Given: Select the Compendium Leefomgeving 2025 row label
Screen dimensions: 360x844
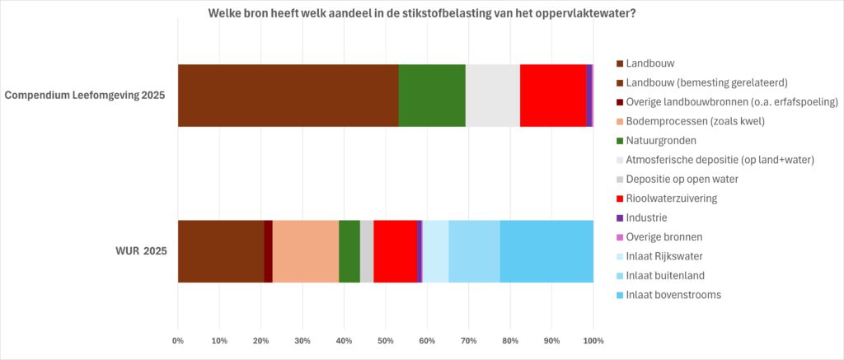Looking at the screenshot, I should (x=85, y=96).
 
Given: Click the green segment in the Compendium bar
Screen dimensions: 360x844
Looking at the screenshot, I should (x=432, y=96).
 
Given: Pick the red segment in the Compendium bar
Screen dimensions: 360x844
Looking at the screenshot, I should (x=552, y=96).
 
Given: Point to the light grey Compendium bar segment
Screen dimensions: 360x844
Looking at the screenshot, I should (x=493, y=96).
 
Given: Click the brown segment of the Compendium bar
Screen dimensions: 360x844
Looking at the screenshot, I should (x=288, y=96).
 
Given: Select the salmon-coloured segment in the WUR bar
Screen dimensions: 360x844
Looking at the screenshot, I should (x=305, y=251).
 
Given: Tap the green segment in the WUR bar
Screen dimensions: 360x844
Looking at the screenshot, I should (x=349, y=251).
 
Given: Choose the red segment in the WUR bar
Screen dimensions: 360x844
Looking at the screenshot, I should (x=395, y=251).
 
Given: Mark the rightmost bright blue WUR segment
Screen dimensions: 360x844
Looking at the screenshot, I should (x=546, y=251).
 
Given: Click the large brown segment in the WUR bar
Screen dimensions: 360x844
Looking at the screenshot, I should (x=221, y=251).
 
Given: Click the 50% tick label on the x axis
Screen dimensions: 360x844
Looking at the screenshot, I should (x=386, y=340).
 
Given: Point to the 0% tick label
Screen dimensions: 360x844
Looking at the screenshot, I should (x=178, y=340).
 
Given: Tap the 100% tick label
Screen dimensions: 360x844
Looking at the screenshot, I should (x=593, y=340).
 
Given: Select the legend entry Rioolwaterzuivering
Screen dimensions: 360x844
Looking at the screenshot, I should (x=671, y=198).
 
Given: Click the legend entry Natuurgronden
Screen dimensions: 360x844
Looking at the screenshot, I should (x=661, y=140).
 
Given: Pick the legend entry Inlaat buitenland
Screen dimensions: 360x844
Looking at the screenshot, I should (x=665, y=275).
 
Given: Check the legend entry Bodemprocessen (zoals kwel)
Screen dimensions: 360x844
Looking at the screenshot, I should (x=695, y=121).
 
